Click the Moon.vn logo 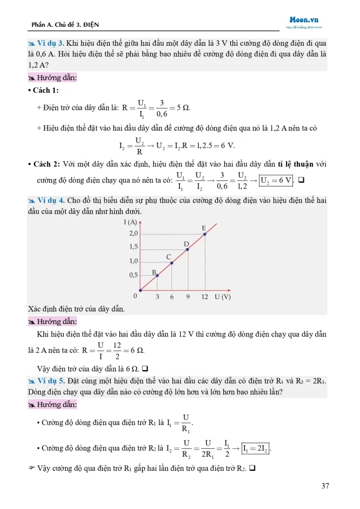(x=304, y=20)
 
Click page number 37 (x=325, y=486)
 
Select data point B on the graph (x=157, y=275)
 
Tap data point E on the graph (x=205, y=234)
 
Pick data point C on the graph (x=172, y=262)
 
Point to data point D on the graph (x=188, y=249)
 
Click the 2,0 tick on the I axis (x=133, y=233)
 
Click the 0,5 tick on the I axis (x=133, y=275)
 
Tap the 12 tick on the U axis (x=204, y=297)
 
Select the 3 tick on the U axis (x=157, y=297)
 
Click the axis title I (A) (x=130, y=222)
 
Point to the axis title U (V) (x=223, y=297)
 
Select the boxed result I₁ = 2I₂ (x=258, y=449)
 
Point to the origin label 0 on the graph (x=135, y=296)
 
